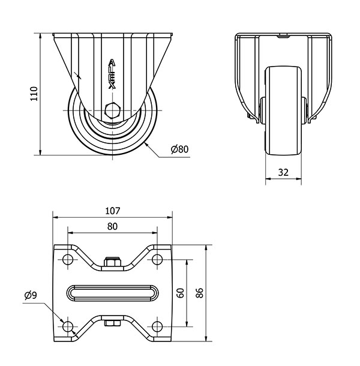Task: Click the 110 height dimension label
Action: [34, 94]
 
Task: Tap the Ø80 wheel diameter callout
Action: [179, 149]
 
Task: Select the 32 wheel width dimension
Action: [283, 172]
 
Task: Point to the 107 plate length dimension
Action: [113, 211]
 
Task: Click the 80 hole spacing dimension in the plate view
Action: [112, 226]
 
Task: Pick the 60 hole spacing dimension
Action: [181, 293]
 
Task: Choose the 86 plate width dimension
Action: [200, 293]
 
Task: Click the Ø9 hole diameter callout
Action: [31, 296]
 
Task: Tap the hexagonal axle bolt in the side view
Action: [113, 110]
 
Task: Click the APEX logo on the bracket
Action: [112, 74]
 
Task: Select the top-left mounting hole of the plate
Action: [68, 259]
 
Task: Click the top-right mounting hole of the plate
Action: [157, 259]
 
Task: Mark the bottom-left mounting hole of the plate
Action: [68, 326]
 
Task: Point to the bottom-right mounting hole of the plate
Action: [157, 326]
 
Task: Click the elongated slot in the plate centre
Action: [113, 293]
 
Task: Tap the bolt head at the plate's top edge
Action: [113, 262]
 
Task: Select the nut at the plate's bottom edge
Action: [113, 323]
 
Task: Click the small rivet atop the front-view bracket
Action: [283, 36]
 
